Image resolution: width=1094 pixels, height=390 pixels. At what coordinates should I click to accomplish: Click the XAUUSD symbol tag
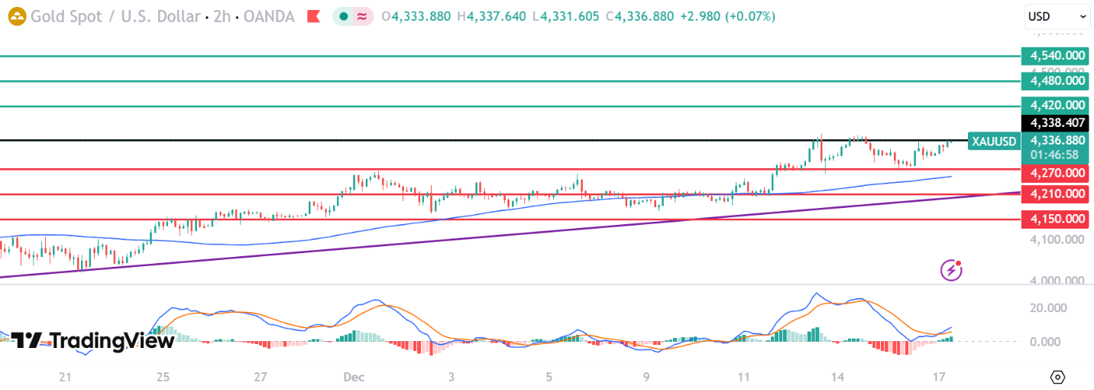tap(994, 141)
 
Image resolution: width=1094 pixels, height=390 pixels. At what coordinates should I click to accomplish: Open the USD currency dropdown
tap(1057, 16)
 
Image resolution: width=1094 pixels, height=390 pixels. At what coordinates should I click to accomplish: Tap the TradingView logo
tap(92, 341)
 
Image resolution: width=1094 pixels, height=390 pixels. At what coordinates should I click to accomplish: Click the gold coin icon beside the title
tap(16, 16)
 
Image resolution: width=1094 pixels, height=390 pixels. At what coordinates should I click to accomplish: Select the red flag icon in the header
tap(312, 16)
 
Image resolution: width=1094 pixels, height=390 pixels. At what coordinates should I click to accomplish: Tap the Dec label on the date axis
tap(352, 377)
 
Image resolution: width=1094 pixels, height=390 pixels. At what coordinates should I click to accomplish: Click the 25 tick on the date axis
tap(163, 377)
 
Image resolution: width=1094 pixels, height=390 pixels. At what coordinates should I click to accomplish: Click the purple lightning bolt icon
tap(950, 269)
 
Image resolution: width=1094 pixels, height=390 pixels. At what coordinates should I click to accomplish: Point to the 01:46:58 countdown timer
tap(1057, 154)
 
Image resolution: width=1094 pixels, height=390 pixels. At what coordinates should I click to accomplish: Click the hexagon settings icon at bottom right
tap(1057, 377)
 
